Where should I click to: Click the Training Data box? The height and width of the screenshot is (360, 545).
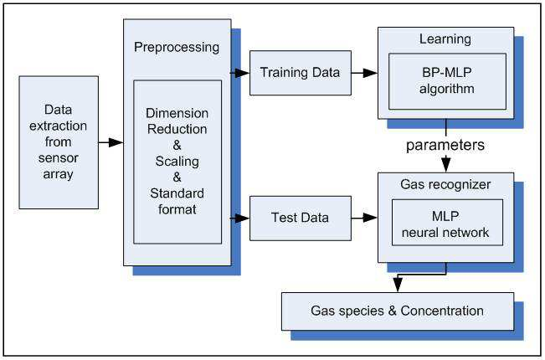click(301, 73)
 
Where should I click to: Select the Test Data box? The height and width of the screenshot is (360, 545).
click(301, 219)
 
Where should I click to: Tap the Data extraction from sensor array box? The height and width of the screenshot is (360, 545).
click(59, 142)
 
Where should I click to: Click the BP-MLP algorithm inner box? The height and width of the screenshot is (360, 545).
click(447, 81)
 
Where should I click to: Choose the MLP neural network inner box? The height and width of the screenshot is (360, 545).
click(447, 223)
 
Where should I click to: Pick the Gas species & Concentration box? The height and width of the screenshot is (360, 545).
click(398, 311)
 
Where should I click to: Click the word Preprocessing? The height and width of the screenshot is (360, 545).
click(177, 48)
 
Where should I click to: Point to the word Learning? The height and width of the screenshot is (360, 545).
click(445, 39)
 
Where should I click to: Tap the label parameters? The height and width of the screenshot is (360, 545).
click(445, 145)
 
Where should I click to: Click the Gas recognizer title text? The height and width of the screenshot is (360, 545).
click(445, 184)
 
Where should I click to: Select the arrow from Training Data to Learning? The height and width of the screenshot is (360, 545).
click(365, 73)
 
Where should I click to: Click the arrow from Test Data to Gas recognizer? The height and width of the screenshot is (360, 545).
click(365, 218)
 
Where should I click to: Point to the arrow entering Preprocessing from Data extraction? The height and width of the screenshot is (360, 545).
click(111, 142)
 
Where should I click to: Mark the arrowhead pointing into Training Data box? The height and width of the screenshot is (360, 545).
click(242, 73)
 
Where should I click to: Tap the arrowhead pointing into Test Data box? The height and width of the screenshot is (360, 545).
click(242, 219)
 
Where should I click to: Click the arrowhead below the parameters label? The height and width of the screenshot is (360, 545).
click(446, 165)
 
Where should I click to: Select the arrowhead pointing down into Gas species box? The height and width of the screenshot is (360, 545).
click(398, 285)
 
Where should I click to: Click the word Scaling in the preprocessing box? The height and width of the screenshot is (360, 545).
click(177, 162)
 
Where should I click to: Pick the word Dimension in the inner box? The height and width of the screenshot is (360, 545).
click(177, 113)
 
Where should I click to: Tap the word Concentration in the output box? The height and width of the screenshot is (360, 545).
click(442, 311)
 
